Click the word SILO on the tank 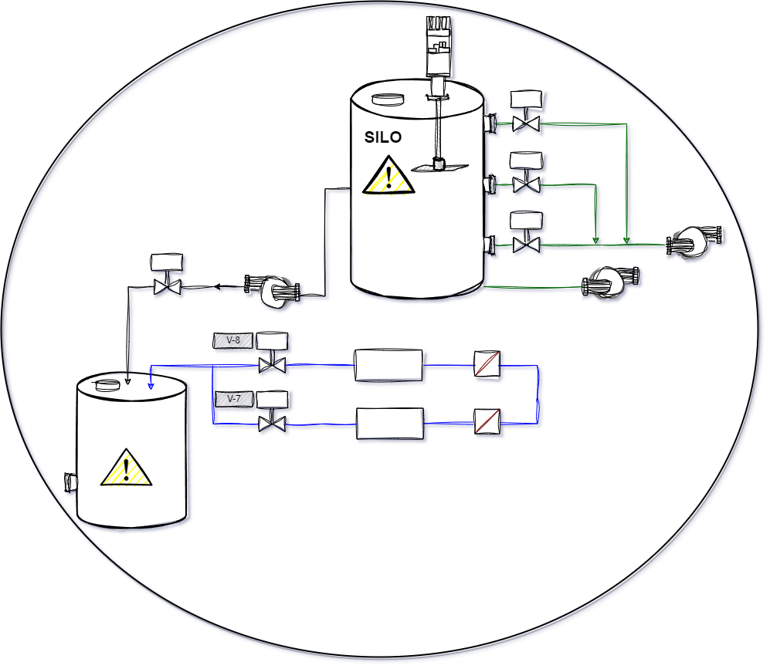coord(382,137)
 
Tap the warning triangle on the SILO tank coord(388,177)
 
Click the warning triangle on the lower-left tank coord(126,468)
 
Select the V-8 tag coord(233,340)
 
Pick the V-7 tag coord(234,399)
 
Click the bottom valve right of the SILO coord(527,245)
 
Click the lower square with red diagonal coord(487,421)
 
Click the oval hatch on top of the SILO coord(388,99)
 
